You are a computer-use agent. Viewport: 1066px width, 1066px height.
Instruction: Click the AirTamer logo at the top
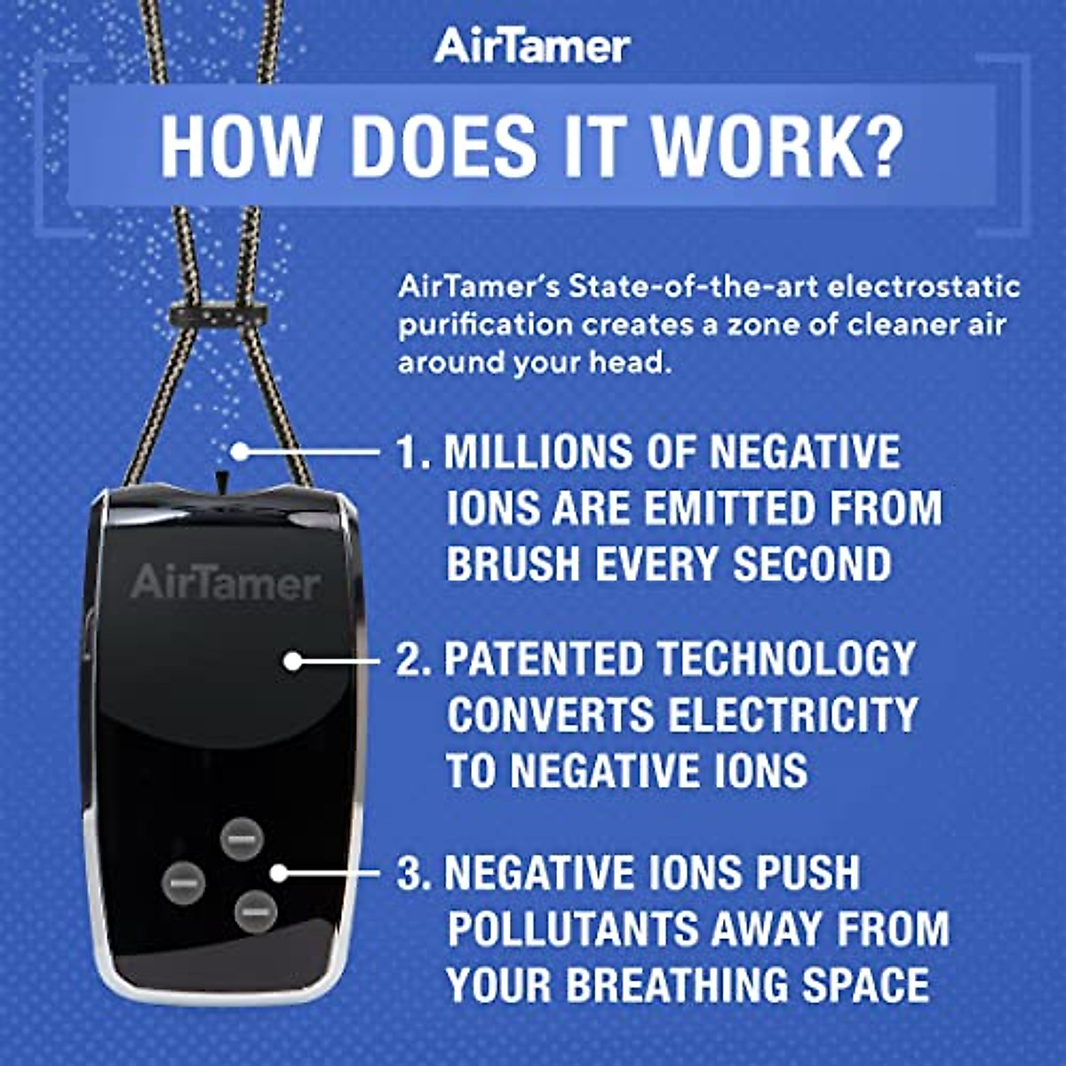[532, 46]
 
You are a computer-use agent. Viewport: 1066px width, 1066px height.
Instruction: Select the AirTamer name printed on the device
[226, 584]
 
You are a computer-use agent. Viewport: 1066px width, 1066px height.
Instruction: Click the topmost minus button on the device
[242, 839]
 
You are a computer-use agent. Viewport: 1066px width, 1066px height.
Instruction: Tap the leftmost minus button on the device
[184, 883]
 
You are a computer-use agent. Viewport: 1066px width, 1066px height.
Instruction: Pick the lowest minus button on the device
[255, 911]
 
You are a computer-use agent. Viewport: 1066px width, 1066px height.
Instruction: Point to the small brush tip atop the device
[222, 479]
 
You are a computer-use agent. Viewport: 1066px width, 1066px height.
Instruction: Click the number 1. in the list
[414, 453]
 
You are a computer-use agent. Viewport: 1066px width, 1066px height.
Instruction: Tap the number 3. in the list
[414, 874]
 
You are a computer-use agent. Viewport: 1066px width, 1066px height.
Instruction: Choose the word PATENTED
[544, 660]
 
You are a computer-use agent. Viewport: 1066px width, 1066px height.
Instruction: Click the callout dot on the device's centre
[293, 661]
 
